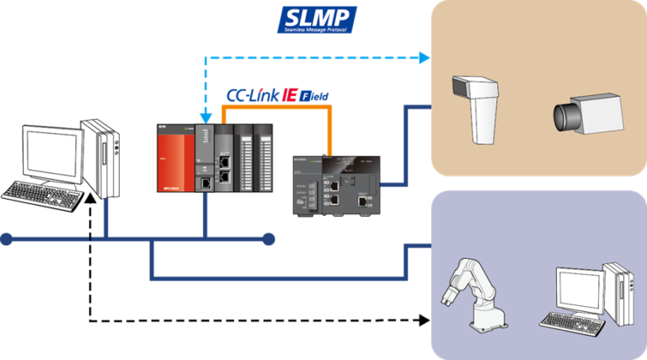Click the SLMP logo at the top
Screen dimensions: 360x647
[318, 19]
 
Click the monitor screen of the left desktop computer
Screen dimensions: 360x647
[51, 152]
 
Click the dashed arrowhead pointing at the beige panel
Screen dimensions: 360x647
[425, 58]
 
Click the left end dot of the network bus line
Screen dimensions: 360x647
[7, 240]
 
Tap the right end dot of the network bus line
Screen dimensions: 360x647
[269, 240]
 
